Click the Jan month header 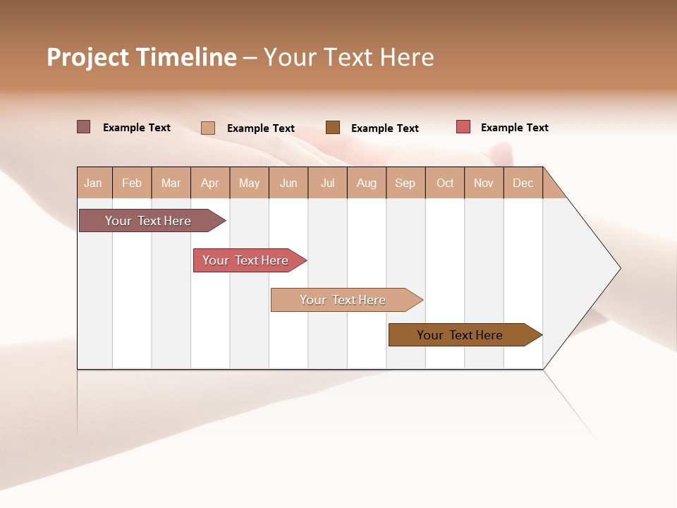point(94,183)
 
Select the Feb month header point(132,183)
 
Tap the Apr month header point(210,183)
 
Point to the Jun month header point(288,183)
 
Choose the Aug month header point(367,183)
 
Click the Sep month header point(405,183)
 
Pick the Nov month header point(484,183)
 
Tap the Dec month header point(523,183)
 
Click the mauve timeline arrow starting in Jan point(149,221)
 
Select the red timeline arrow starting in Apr point(246,260)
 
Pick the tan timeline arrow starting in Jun point(343,300)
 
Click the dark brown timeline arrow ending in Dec point(461,335)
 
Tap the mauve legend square point(83,127)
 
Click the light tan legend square point(208,128)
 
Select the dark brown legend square point(333,127)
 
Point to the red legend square point(463,127)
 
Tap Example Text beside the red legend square point(514,128)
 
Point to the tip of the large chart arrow point(618,268)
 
